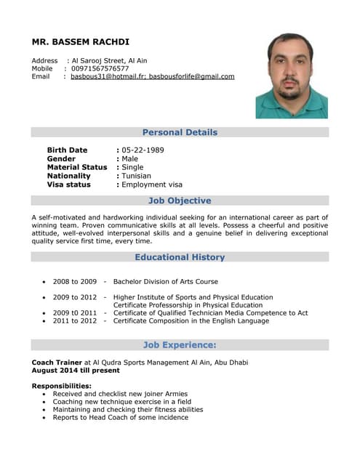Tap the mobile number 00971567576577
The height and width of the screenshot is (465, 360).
(100, 68)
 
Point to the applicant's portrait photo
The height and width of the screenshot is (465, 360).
(291, 75)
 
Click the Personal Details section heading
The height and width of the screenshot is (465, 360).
(180, 132)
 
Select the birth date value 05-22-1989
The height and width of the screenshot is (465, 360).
(143, 150)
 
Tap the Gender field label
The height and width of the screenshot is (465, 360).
(61, 158)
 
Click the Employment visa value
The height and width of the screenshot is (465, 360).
(152, 185)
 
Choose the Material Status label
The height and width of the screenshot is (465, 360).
(76, 167)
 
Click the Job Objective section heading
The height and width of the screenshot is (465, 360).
(180, 201)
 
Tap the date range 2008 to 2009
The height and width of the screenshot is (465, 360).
(74, 281)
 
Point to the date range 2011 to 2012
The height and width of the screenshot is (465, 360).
(74, 321)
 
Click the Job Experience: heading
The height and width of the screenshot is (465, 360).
(180, 344)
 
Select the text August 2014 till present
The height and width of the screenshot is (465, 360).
(75, 370)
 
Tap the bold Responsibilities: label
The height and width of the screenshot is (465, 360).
(61, 385)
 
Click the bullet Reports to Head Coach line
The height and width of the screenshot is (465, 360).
(120, 418)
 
